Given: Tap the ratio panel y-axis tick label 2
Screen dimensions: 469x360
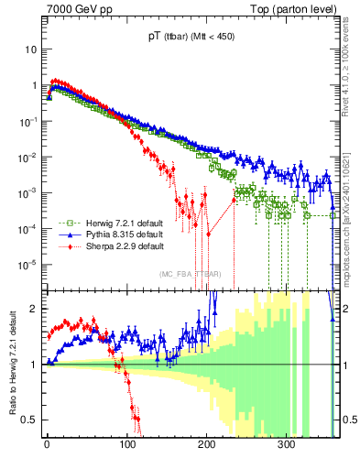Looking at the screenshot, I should (35, 309).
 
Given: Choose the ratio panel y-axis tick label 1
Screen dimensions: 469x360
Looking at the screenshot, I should (35, 365).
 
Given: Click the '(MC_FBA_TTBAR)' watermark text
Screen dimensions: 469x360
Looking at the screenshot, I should (190, 274).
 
